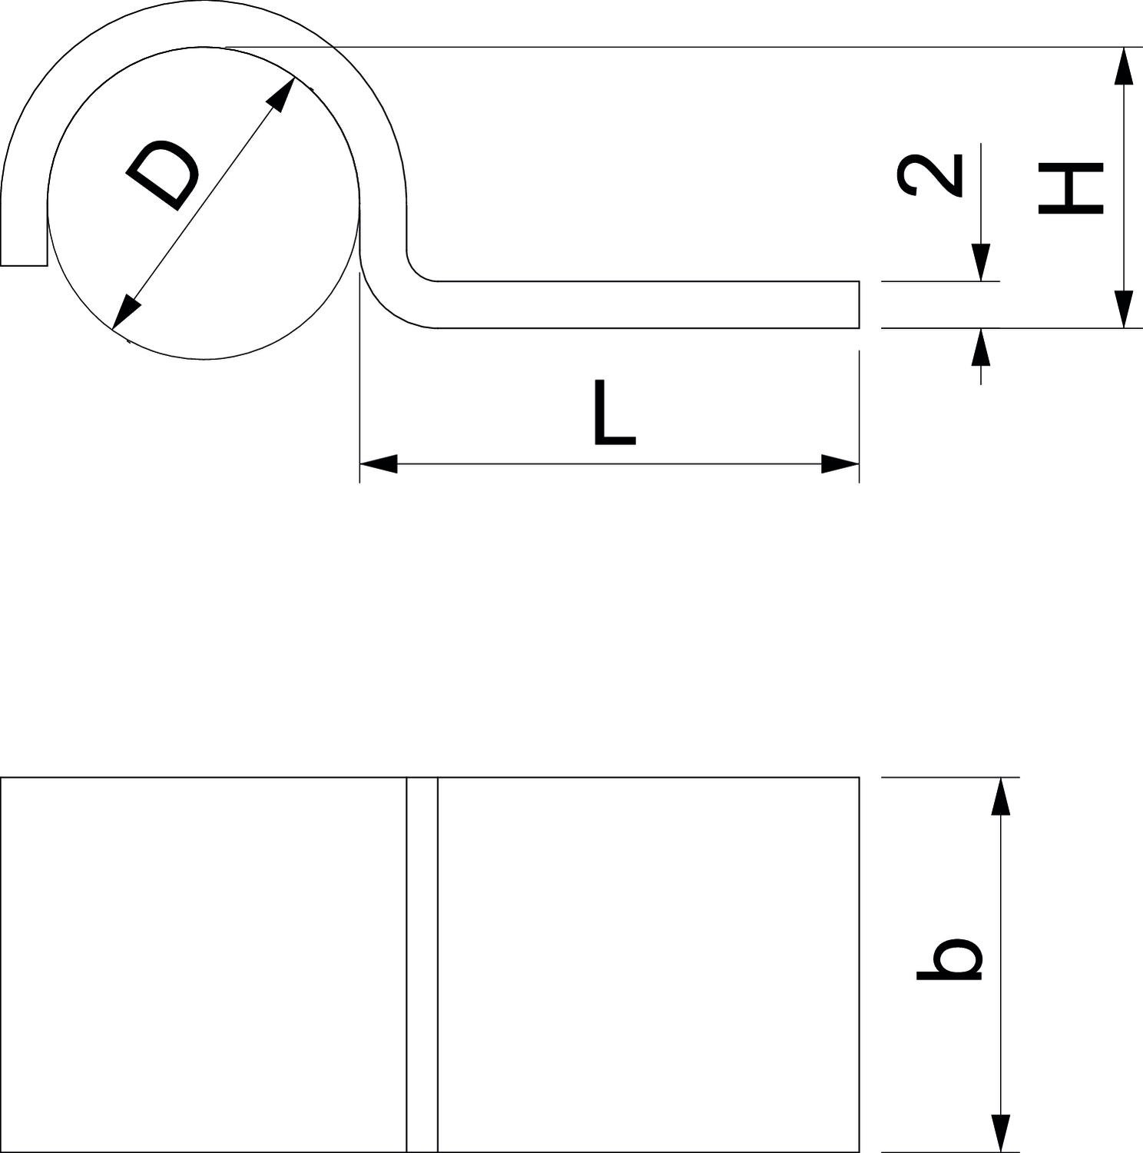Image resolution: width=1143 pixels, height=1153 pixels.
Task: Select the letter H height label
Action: tap(1070, 188)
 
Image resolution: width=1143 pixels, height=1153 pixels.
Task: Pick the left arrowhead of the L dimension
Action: tap(378, 464)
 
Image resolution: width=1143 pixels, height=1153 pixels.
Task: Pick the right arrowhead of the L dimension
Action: tap(840, 464)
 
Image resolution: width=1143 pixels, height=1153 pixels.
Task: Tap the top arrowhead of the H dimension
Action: tap(1123, 65)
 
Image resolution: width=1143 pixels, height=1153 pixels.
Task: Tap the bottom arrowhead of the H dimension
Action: tap(1123, 309)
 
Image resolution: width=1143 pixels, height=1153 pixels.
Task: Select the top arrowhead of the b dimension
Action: tap(1000, 796)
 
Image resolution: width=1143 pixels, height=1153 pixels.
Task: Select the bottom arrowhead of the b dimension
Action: tap(1000, 1133)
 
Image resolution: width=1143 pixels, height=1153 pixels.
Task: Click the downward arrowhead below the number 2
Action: tap(980, 263)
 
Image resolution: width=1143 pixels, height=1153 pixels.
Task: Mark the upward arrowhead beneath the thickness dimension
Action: tap(980, 347)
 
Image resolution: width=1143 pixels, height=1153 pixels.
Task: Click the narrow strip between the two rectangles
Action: tap(422, 965)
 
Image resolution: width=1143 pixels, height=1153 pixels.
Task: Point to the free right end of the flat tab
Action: tap(858, 304)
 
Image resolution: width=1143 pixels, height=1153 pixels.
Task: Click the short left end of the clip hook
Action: tap(24, 265)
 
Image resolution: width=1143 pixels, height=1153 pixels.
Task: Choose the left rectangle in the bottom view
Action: tap(204, 965)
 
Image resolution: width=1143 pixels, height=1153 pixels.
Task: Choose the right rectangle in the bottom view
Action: tap(648, 965)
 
